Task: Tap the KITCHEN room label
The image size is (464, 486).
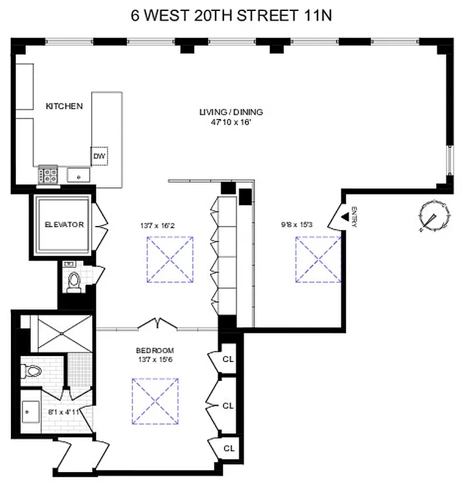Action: (x=64, y=106)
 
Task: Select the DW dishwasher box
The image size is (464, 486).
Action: (x=100, y=156)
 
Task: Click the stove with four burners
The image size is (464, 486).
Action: (x=48, y=175)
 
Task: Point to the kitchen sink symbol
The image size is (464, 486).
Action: (x=79, y=176)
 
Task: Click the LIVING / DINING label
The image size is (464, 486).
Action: (x=231, y=112)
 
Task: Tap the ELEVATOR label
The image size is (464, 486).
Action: (x=64, y=225)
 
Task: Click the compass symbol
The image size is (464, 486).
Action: (x=435, y=216)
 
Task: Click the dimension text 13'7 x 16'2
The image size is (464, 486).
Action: (x=157, y=225)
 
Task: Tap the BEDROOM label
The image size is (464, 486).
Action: (x=155, y=351)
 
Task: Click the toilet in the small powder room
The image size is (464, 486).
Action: (x=73, y=281)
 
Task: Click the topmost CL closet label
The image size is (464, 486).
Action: (x=228, y=359)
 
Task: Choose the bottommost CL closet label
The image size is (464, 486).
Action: (x=228, y=448)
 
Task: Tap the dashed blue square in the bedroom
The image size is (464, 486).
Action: (x=155, y=400)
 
